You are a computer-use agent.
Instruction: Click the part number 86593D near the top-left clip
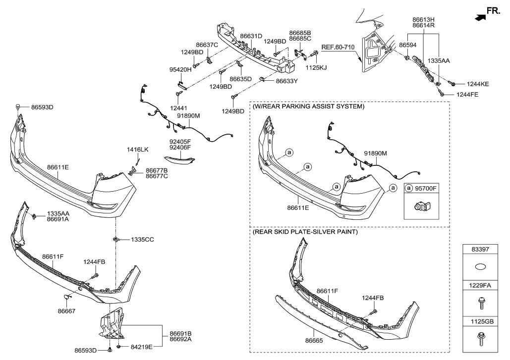point(42,106)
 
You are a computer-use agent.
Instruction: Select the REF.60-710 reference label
point(339,48)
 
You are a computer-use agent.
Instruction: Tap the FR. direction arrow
point(480,18)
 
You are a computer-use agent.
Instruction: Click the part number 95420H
point(181,70)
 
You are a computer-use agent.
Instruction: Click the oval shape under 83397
point(480,267)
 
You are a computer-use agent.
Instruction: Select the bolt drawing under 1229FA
point(480,302)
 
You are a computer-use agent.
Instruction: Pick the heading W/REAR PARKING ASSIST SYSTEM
point(308,106)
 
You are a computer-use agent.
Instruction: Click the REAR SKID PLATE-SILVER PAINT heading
point(305,232)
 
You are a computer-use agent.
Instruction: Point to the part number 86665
point(314,341)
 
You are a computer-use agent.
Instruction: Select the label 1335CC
point(143,239)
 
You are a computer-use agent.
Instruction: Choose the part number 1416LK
point(137,149)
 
